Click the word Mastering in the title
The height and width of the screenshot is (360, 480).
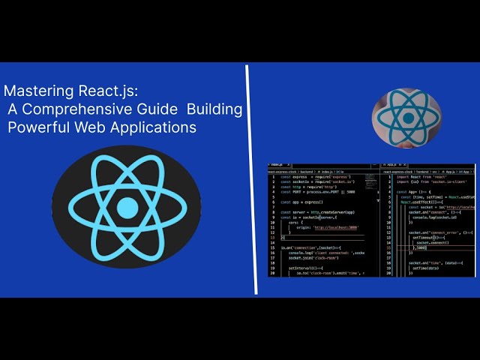34,91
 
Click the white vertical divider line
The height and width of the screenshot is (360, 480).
247,180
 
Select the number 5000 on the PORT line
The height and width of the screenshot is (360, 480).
350,191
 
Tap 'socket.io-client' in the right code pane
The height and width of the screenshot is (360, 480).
451,181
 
